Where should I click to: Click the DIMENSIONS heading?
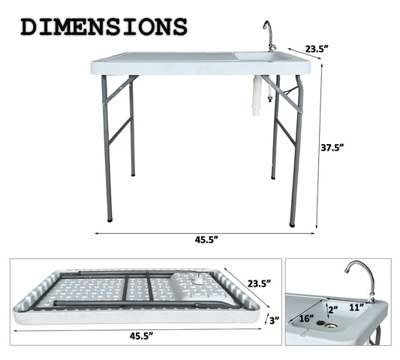coord(104,26)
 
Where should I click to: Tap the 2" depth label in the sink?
coord(332,308)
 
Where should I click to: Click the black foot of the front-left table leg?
coord(110,219)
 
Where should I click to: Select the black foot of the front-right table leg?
coord(292,223)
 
